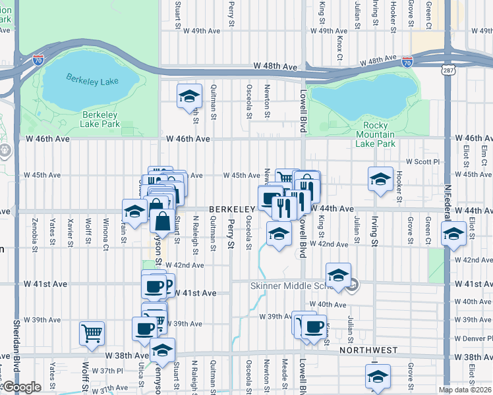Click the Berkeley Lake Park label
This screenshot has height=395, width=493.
pyautogui.click(x=100, y=118)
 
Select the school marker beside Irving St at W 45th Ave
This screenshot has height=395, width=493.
pyautogui.click(x=380, y=180)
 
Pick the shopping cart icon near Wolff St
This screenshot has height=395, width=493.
pyautogui.click(x=92, y=332)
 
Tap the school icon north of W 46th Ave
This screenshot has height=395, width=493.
pyautogui.click(x=189, y=97)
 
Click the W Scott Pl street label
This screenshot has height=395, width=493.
pyautogui.click(x=421, y=161)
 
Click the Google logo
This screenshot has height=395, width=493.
pyautogui.click(x=22, y=387)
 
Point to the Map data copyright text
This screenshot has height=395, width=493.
pyautogui.click(x=464, y=390)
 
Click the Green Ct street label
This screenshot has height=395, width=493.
pyautogui.click(x=428, y=12)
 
